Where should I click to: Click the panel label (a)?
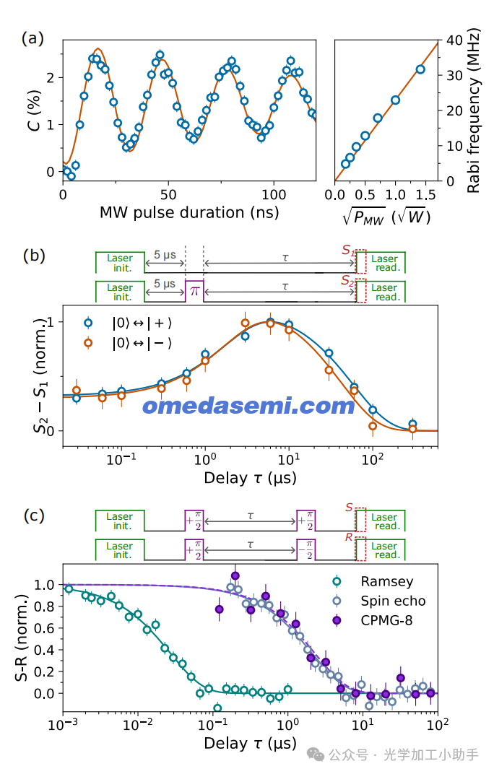tap(32, 38)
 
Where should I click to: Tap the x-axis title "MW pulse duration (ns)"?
tap(189, 213)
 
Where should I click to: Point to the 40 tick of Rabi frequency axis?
tap(454, 40)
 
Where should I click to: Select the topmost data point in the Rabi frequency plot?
tap(420, 69)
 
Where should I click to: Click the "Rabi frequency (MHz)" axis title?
tap(473, 110)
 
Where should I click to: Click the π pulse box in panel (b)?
tap(194, 291)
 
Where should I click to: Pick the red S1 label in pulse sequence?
tap(348, 251)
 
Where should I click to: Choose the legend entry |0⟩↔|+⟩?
tap(129, 323)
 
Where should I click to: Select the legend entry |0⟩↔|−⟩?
tap(129, 343)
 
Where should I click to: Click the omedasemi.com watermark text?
tap(248, 406)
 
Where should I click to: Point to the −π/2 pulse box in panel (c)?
tap(305, 549)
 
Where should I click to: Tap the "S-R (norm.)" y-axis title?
tap(22, 638)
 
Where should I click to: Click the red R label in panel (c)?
tap(350, 537)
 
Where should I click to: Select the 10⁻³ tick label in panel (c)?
tap(63, 725)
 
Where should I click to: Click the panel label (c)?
tap(34, 516)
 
